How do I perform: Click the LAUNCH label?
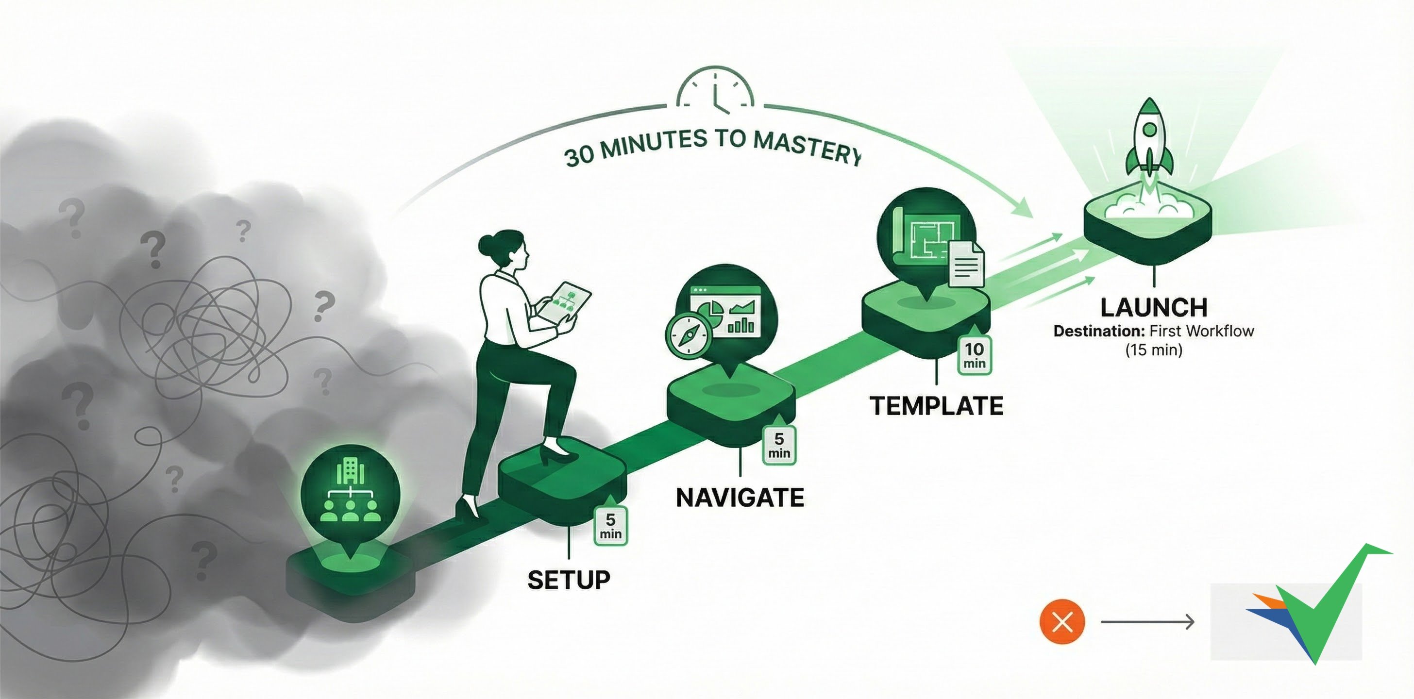(x=1154, y=307)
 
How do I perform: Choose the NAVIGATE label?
(x=740, y=498)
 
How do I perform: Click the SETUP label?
(x=569, y=580)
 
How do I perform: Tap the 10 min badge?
(x=975, y=355)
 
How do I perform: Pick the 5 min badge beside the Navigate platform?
(x=779, y=445)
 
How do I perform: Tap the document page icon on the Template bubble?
(x=967, y=265)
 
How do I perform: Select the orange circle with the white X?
(x=1062, y=622)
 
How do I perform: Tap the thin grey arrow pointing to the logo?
(x=1147, y=622)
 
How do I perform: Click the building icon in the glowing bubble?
(x=350, y=471)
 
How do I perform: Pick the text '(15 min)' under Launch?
(x=1153, y=350)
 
